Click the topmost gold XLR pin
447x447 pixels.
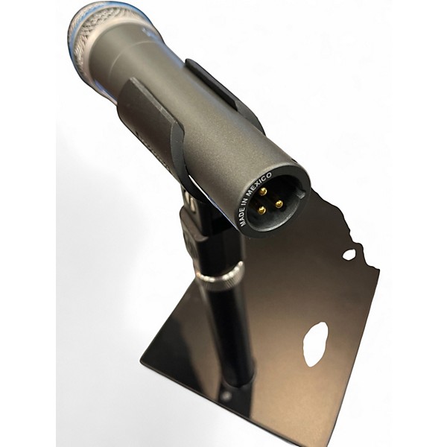tap(264, 191)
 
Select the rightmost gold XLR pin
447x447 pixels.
tap(279, 204)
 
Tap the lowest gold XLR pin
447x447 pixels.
tap(261, 211)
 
